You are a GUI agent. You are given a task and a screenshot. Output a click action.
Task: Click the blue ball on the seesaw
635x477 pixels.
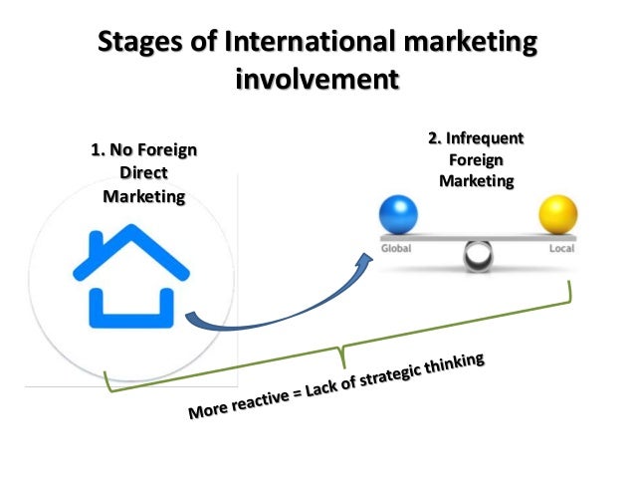coord(399,215)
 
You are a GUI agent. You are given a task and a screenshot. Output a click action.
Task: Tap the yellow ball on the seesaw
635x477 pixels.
coord(557,215)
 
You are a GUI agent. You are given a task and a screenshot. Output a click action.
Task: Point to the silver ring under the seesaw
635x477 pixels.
coord(479,258)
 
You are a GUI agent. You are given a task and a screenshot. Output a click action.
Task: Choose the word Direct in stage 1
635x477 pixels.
coord(143,173)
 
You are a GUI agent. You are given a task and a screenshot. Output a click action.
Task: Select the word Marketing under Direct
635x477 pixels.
coord(143,195)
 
